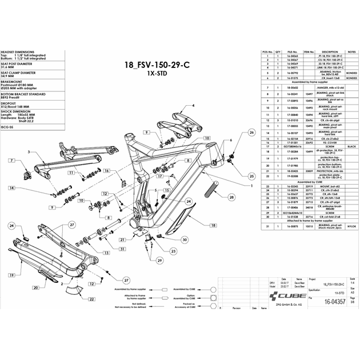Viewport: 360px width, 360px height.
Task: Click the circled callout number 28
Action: (x=231, y=197)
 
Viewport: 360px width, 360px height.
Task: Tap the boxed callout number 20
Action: (x=35, y=287)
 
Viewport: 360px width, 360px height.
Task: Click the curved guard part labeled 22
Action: (x=74, y=290)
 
